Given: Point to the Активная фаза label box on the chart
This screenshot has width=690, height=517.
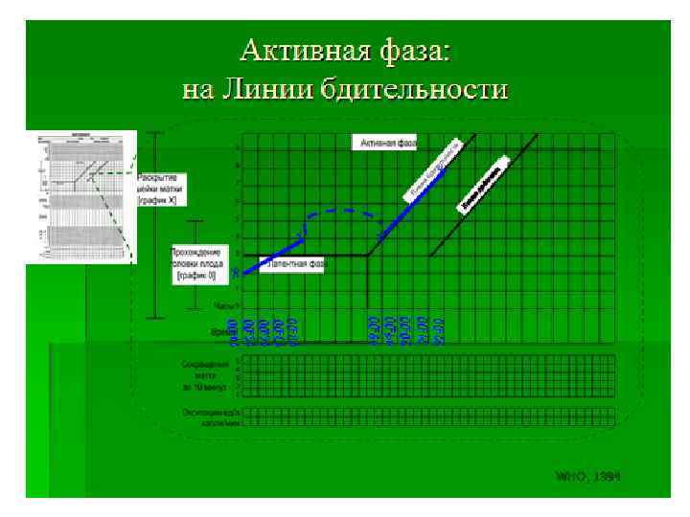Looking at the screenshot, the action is [x=389, y=144].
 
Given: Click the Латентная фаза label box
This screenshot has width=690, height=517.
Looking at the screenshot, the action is [x=295, y=262].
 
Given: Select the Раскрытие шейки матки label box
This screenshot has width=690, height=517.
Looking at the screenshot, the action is [x=161, y=190].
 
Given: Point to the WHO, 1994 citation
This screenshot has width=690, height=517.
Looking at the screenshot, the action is [x=587, y=476].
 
